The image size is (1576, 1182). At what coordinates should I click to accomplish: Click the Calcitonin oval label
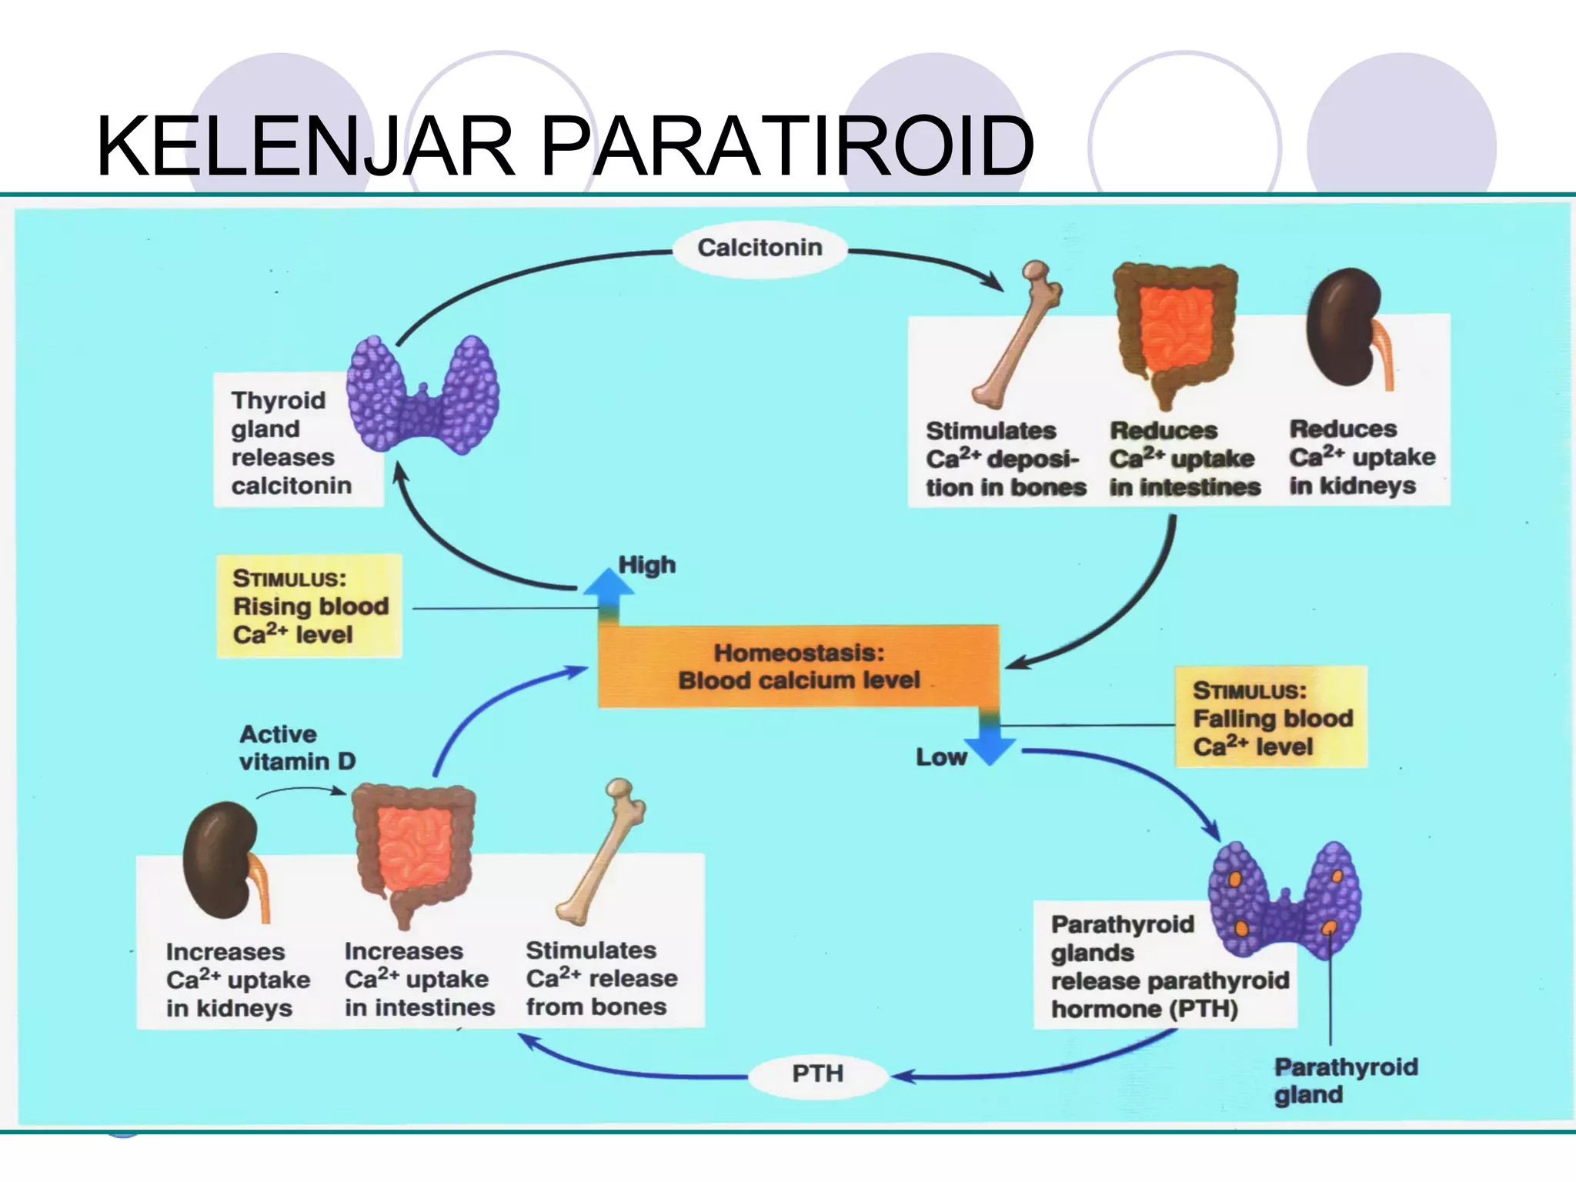coord(760,248)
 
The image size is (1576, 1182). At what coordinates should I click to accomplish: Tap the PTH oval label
coord(818,1073)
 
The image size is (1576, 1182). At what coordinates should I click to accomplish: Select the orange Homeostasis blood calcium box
coord(798,666)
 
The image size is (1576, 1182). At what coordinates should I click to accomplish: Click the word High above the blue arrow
coord(647,565)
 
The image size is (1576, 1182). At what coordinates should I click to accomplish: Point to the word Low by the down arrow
coord(940,757)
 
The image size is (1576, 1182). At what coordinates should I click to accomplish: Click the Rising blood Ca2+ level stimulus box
coord(309,606)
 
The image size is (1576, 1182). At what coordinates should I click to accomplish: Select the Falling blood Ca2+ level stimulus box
coord(1270,717)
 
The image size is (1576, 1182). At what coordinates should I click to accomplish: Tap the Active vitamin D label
coord(297,747)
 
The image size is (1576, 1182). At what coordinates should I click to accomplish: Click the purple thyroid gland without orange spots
coord(422,395)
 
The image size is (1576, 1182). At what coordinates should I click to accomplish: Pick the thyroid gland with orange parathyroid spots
coord(1284,900)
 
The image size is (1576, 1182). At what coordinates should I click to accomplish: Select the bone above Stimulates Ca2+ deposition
coord(1017,336)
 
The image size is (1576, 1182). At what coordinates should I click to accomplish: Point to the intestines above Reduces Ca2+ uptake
coord(1175,331)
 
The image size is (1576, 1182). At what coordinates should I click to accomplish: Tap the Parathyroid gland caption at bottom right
coord(1344,1080)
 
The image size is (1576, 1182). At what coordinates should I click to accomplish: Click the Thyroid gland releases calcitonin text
coord(290,442)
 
